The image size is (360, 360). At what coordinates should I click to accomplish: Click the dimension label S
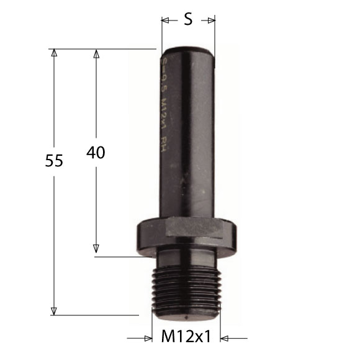click(188, 20)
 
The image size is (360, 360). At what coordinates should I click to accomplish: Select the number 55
click(55, 161)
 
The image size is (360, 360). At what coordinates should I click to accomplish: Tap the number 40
click(96, 153)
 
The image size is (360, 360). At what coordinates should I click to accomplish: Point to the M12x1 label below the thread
click(187, 338)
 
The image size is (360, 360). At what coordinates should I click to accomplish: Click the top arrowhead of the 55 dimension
click(54, 53)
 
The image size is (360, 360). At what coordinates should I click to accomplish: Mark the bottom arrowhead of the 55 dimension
click(54, 311)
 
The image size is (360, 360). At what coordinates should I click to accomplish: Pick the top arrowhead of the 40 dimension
click(96, 53)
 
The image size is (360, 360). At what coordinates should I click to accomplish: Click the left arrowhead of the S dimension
click(166, 20)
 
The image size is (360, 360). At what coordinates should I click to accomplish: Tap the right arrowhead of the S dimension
click(212, 20)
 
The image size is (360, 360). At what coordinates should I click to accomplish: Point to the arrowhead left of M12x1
click(148, 338)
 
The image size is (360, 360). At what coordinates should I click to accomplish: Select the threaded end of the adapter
click(186, 289)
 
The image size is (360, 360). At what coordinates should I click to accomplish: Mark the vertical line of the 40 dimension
click(96, 199)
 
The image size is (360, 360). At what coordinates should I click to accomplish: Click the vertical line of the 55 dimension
click(54, 236)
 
